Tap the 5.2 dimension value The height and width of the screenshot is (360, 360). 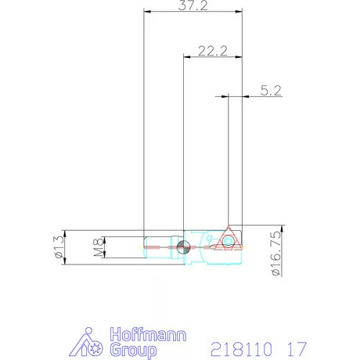(x=270, y=91)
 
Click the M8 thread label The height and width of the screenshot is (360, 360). (x=98, y=247)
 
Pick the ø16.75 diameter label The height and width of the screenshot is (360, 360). (x=275, y=251)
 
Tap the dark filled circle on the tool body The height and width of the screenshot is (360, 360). (x=182, y=248)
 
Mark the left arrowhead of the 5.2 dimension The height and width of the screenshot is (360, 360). (x=225, y=97)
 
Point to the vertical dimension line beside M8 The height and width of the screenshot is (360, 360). (x=106, y=247)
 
